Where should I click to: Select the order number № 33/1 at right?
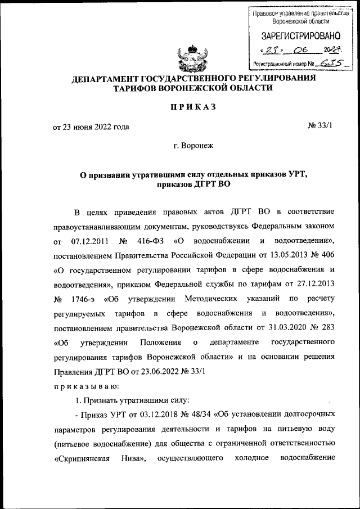click(321, 126)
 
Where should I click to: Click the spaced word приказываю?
click(85, 386)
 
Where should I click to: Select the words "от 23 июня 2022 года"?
click(91, 127)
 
